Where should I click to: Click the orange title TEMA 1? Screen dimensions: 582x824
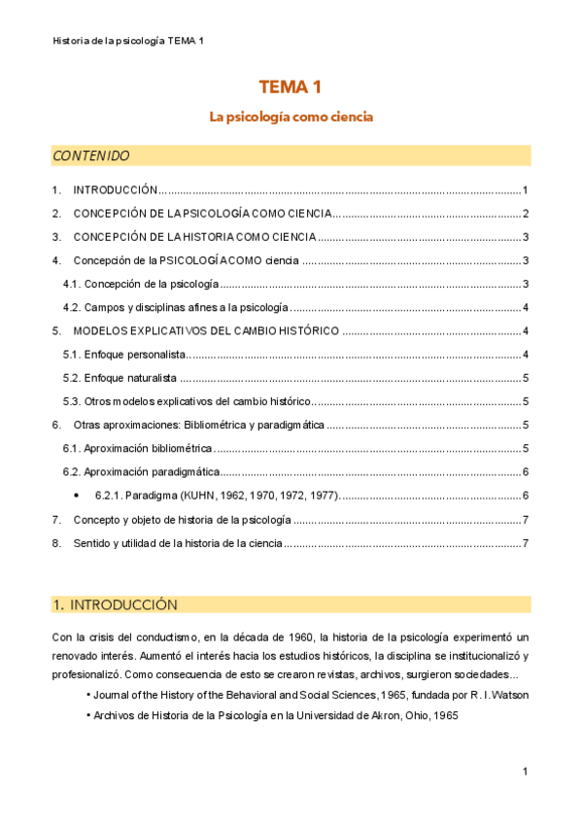click(x=291, y=87)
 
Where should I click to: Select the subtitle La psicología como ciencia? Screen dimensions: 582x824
click(x=291, y=117)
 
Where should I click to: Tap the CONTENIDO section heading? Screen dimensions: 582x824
click(x=90, y=155)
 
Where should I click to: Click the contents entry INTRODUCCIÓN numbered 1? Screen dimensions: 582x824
click(x=115, y=190)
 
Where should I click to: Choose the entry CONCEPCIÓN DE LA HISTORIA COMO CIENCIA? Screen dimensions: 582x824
click(x=194, y=237)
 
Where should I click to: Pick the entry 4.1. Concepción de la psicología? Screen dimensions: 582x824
click(x=140, y=284)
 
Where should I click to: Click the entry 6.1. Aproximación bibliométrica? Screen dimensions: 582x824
click(x=137, y=448)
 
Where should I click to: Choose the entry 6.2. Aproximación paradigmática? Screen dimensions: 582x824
click(x=140, y=472)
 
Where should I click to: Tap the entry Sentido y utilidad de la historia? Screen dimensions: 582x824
click(x=178, y=543)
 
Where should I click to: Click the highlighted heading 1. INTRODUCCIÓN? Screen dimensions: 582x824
click(x=115, y=604)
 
